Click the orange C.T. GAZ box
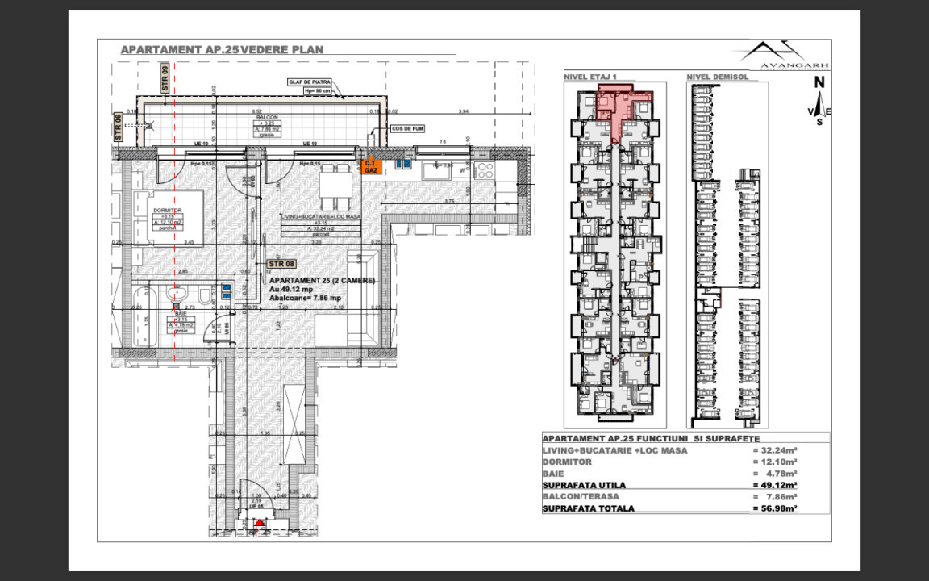[x=371, y=166]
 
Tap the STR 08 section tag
[x=281, y=263]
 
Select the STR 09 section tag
[x=164, y=78]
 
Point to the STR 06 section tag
[x=119, y=127]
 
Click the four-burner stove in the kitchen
[x=484, y=170]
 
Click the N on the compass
[x=819, y=82]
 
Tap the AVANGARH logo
[x=785, y=56]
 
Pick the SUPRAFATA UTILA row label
[x=584, y=485]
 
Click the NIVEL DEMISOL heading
[x=718, y=77]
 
